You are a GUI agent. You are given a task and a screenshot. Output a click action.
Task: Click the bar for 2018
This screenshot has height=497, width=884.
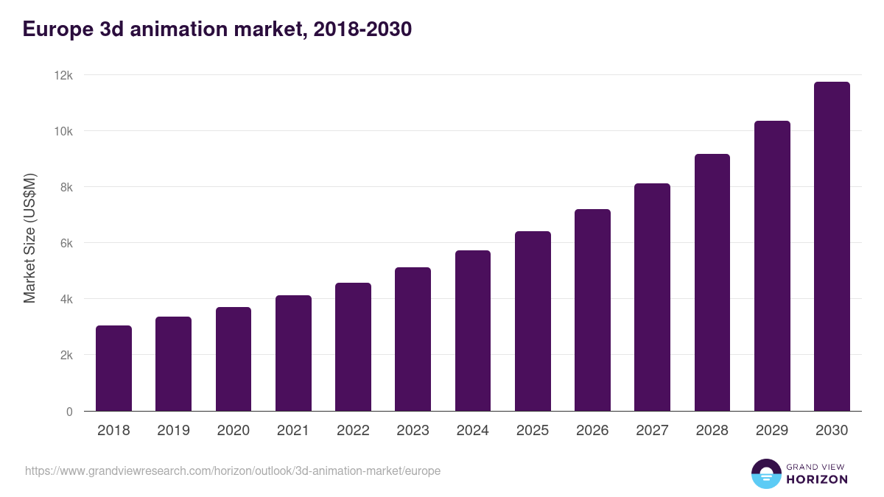point(113,368)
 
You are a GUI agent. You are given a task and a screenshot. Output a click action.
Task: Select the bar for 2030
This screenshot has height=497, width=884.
point(832,247)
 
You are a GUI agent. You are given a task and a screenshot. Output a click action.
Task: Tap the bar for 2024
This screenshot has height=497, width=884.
point(473,331)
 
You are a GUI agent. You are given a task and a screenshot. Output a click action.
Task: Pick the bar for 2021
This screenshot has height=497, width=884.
point(293,353)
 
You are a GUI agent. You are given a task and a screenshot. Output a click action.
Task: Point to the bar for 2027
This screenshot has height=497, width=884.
point(652,297)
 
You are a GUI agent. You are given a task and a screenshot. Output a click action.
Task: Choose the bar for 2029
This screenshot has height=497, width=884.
point(772,266)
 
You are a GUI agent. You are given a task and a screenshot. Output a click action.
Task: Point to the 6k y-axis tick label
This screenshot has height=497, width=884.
point(66,244)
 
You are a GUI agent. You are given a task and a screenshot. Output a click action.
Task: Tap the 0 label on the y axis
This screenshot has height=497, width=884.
point(69,412)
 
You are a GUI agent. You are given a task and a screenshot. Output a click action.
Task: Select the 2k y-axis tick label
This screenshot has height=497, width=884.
point(66,356)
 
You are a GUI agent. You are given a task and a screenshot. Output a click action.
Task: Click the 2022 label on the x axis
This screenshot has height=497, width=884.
point(353,431)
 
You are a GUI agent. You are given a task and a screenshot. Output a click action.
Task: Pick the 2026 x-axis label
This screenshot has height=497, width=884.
point(592,431)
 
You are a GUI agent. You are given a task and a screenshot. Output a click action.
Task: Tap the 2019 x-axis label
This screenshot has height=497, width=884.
point(173,431)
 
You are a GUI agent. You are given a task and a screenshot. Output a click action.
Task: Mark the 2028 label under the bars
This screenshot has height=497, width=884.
point(712,431)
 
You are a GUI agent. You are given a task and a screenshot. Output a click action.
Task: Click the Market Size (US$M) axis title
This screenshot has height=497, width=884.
point(29,238)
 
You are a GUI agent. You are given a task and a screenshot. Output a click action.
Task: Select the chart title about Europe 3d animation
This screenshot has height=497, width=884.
point(217,29)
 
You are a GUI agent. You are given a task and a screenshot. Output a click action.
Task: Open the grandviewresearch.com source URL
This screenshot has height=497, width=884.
point(233,470)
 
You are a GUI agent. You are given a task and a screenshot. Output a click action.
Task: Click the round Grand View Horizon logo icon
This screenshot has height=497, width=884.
point(765,473)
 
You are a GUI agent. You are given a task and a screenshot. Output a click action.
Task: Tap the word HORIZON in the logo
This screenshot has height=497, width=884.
point(817,479)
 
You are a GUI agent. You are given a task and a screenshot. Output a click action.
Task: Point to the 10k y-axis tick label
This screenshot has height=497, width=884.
point(64,132)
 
